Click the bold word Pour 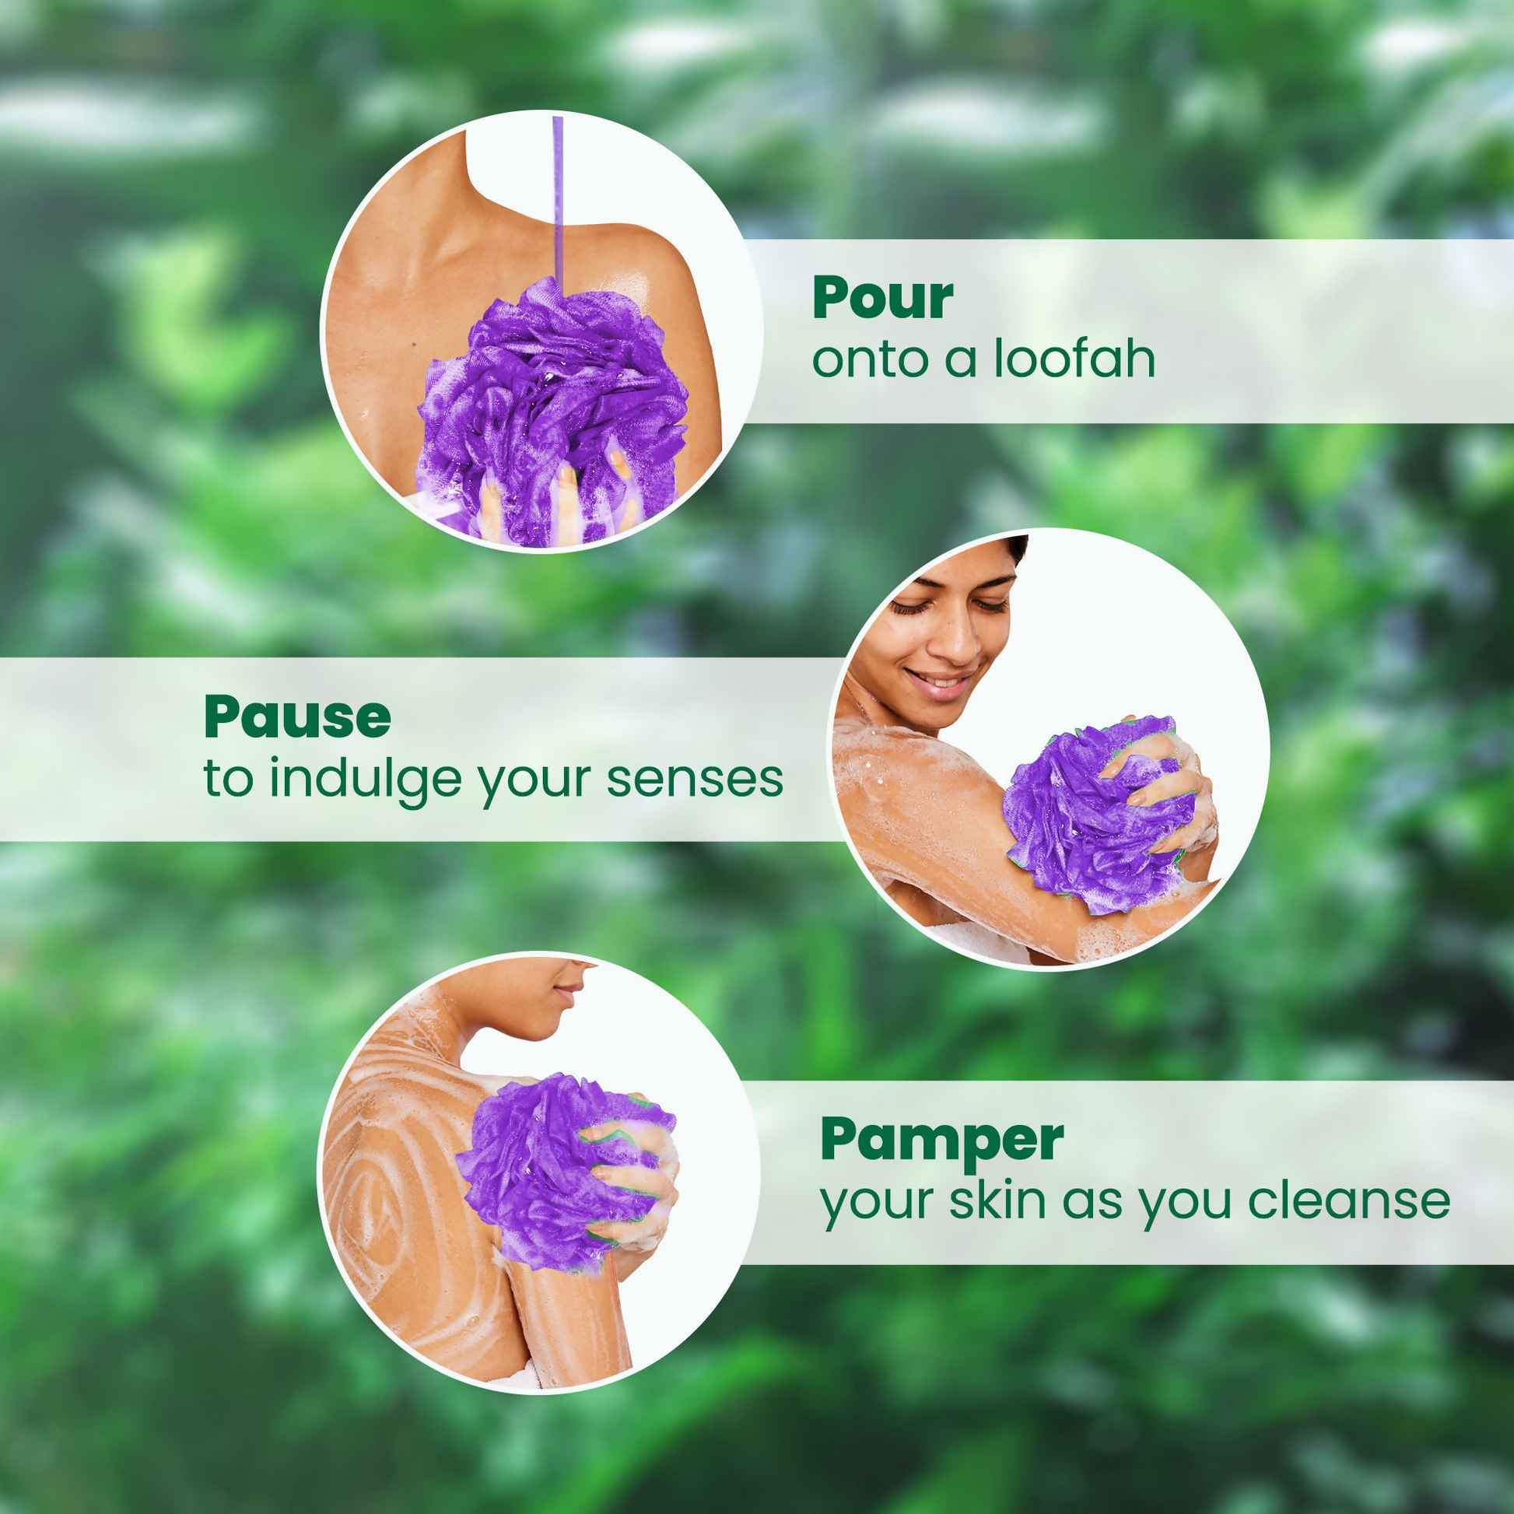tap(882, 299)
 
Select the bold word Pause tap(297, 717)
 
